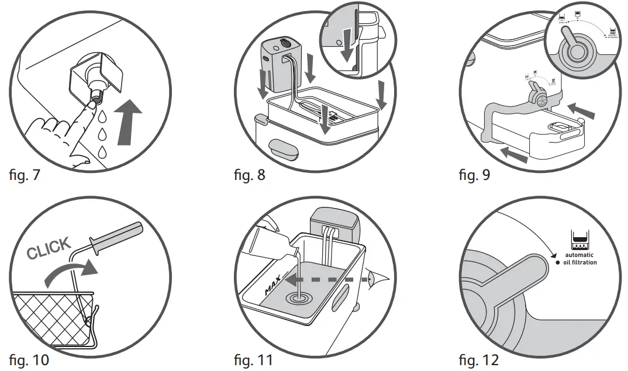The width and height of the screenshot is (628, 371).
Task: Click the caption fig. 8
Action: (249, 174)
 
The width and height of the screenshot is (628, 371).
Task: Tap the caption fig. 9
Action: (475, 174)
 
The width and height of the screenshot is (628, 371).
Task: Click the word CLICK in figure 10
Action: (49, 248)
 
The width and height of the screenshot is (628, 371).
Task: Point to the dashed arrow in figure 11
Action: (327, 280)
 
